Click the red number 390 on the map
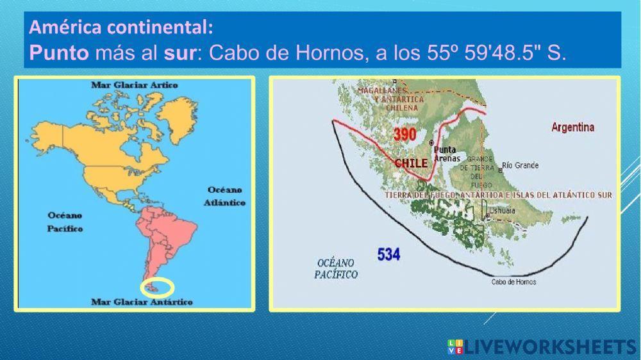point(404,135)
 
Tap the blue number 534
point(388,254)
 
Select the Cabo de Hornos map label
point(513,282)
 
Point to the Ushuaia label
point(502,210)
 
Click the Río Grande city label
point(520,165)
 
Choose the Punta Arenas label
point(446,154)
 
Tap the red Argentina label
point(572,127)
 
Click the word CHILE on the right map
point(411,163)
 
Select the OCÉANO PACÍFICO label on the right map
point(336,268)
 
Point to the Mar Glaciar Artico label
point(135,85)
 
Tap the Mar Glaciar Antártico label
point(142,302)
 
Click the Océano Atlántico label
point(226,196)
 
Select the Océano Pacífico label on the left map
point(65,222)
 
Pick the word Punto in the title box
point(59,52)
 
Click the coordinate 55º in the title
point(441,52)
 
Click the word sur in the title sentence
point(179,52)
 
